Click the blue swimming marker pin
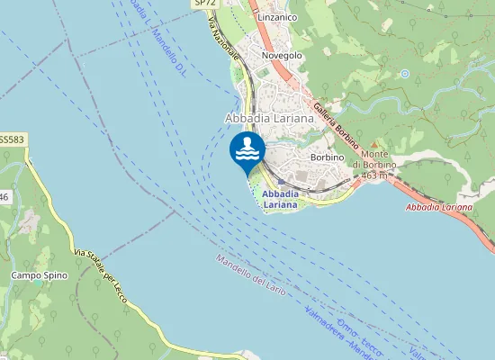(x=247, y=151)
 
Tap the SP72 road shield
(x=204, y=4)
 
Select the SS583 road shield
(x=12, y=139)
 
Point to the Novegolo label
(x=282, y=56)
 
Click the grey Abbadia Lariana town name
(x=268, y=118)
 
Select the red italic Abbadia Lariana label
(x=439, y=208)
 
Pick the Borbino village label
(x=327, y=157)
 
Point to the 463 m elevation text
(x=373, y=175)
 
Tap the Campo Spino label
(x=33, y=274)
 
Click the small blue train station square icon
(x=281, y=181)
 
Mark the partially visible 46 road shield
(x=4, y=196)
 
